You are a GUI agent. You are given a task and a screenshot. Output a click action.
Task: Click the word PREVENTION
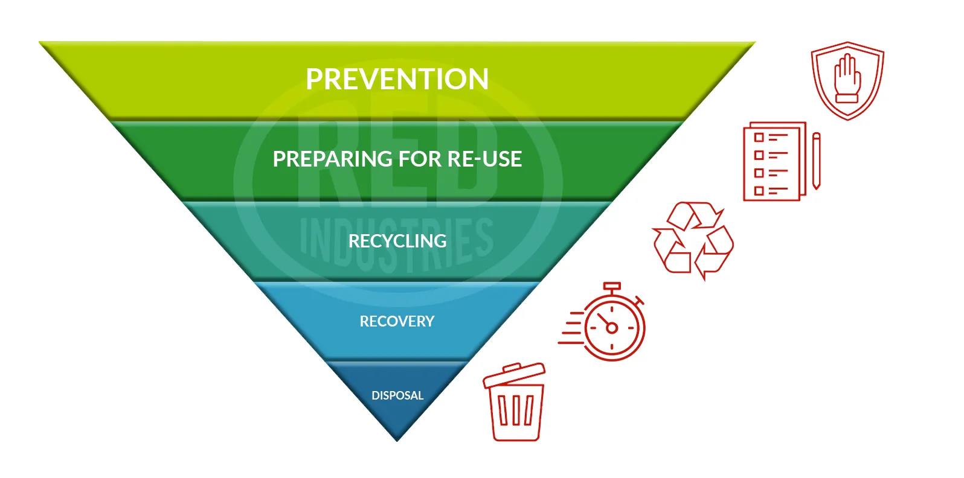tap(397, 79)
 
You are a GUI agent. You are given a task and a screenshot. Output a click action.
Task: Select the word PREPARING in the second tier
tap(333, 159)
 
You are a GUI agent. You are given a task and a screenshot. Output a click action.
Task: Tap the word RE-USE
tap(484, 159)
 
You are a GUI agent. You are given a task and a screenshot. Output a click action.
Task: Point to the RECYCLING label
tap(397, 241)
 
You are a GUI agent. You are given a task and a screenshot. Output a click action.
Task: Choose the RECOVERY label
tap(397, 322)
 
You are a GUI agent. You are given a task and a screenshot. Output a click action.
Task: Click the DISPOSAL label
tap(397, 395)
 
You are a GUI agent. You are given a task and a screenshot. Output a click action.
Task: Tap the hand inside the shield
tap(847, 78)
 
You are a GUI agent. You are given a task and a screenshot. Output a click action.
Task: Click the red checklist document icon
tap(774, 162)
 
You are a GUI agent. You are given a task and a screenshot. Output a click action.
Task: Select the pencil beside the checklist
tap(817, 161)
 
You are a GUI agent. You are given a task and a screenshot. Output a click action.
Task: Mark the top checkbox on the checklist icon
tap(759, 138)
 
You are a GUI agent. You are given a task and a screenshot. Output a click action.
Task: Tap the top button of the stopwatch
tap(612, 286)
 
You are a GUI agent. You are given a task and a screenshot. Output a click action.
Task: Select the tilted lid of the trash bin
tap(514, 375)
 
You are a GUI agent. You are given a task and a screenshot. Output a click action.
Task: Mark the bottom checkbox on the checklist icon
tap(759, 191)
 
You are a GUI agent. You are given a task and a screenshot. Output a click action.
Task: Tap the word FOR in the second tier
tap(420, 159)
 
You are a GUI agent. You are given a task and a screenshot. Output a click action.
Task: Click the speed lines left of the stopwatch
tap(571, 328)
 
